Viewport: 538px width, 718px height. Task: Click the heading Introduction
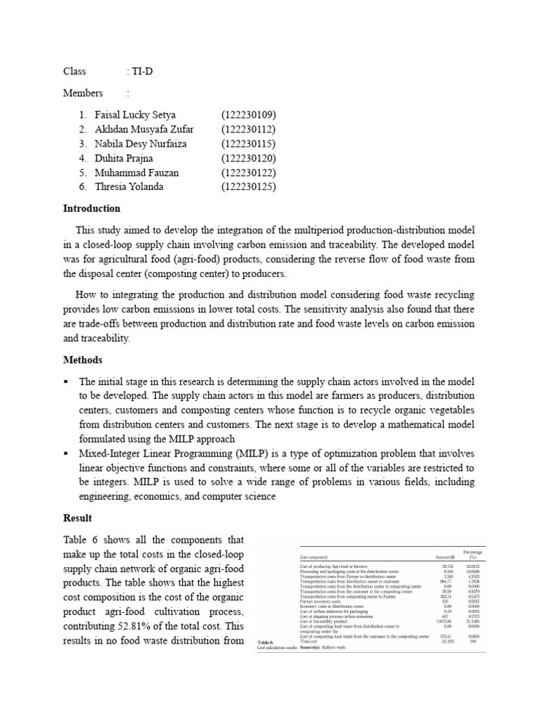pyautogui.click(x=92, y=208)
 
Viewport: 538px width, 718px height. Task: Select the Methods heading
pyautogui.click(x=83, y=360)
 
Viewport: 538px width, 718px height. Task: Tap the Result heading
pyautogui.click(x=78, y=517)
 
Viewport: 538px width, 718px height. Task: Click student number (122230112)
pyautogui.click(x=249, y=129)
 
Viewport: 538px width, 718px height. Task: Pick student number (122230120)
pyautogui.click(x=249, y=158)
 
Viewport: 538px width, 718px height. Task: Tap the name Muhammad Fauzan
pyautogui.click(x=137, y=172)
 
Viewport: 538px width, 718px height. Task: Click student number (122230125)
pyautogui.click(x=249, y=187)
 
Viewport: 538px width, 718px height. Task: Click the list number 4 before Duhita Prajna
pyautogui.click(x=82, y=158)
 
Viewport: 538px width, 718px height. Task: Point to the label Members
pyautogui.click(x=83, y=93)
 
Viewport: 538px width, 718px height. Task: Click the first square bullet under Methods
pyautogui.click(x=67, y=382)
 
